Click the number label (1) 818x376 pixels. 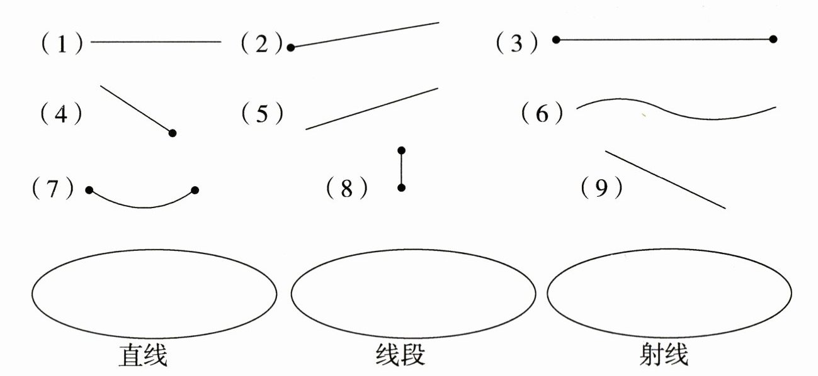tap(62, 43)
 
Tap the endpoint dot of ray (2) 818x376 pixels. tap(290, 47)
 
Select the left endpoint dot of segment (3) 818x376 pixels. tap(556, 40)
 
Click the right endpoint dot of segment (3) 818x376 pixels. tap(773, 39)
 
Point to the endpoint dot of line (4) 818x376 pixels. tap(173, 133)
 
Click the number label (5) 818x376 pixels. tap(262, 114)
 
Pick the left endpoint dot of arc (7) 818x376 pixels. tap(89, 189)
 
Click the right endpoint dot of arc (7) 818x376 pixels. tap(195, 189)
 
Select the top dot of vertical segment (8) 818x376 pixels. tap(402, 150)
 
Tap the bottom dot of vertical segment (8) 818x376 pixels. tap(402, 187)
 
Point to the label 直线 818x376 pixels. tap(143, 356)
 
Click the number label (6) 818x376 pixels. tap(542, 114)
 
